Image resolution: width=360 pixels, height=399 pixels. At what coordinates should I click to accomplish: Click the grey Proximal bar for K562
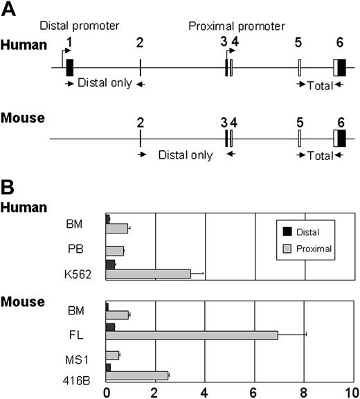[148, 274]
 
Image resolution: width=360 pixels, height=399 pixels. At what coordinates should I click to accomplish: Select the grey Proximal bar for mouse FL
[192, 335]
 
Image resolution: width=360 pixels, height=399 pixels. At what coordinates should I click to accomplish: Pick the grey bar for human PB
[115, 249]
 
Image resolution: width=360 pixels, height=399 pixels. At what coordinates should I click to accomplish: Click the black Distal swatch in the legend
[287, 232]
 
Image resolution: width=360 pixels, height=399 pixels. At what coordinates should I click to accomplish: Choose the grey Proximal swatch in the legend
[287, 247]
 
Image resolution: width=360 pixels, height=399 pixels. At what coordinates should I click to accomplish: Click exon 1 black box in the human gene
[69, 67]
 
